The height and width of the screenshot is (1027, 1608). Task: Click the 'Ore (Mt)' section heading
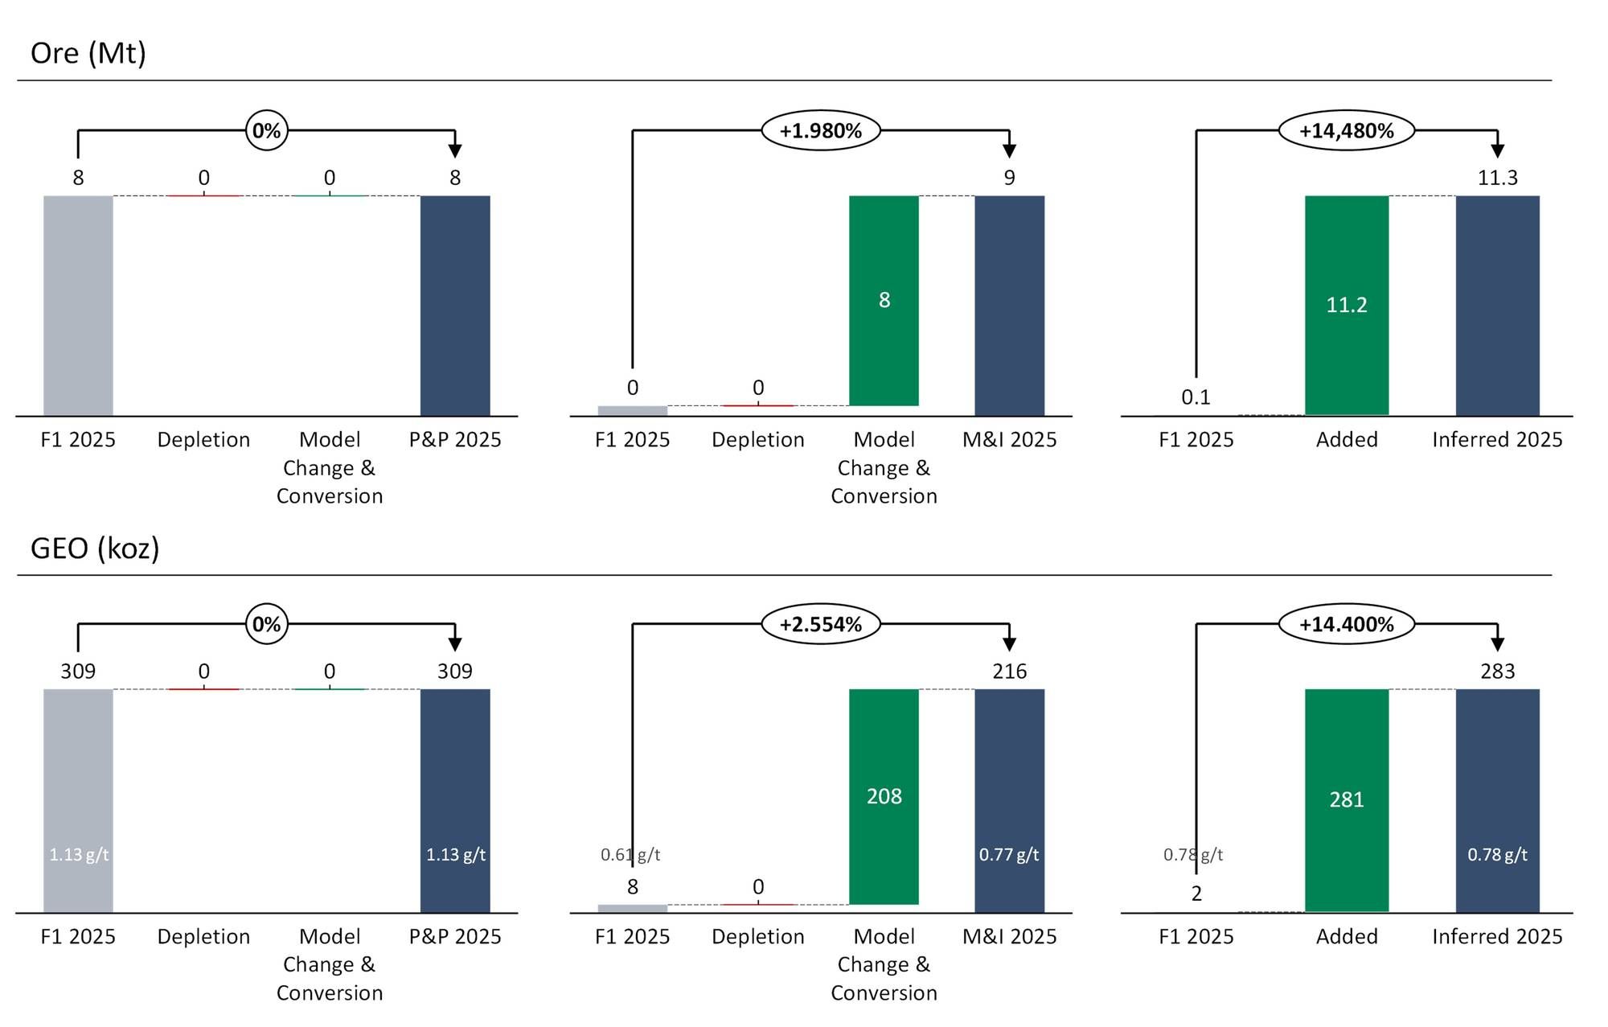click(x=88, y=53)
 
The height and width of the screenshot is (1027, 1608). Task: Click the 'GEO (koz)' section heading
click(x=95, y=548)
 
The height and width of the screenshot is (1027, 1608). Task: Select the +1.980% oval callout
click(x=821, y=130)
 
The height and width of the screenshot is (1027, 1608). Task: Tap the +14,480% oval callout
click(x=1347, y=130)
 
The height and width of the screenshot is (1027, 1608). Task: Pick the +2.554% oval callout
click(x=821, y=624)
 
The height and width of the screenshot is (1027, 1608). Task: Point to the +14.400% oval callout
click(x=1347, y=624)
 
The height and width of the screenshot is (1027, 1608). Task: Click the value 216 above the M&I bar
click(x=1009, y=671)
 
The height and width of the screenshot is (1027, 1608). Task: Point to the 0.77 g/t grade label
click(x=1009, y=854)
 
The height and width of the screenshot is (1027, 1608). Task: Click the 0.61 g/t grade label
click(x=630, y=854)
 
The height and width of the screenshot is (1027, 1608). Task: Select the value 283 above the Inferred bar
click(x=1497, y=671)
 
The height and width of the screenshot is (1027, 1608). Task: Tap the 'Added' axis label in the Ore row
click(x=1347, y=440)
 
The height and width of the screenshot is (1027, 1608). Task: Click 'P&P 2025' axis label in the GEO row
click(x=455, y=936)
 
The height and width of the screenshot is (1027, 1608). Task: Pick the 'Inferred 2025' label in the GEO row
click(x=1497, y=936)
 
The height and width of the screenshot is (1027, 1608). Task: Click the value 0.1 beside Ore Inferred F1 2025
click(x=1196, y=397)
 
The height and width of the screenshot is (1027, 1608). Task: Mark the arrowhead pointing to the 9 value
click(x=1009, y=151)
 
